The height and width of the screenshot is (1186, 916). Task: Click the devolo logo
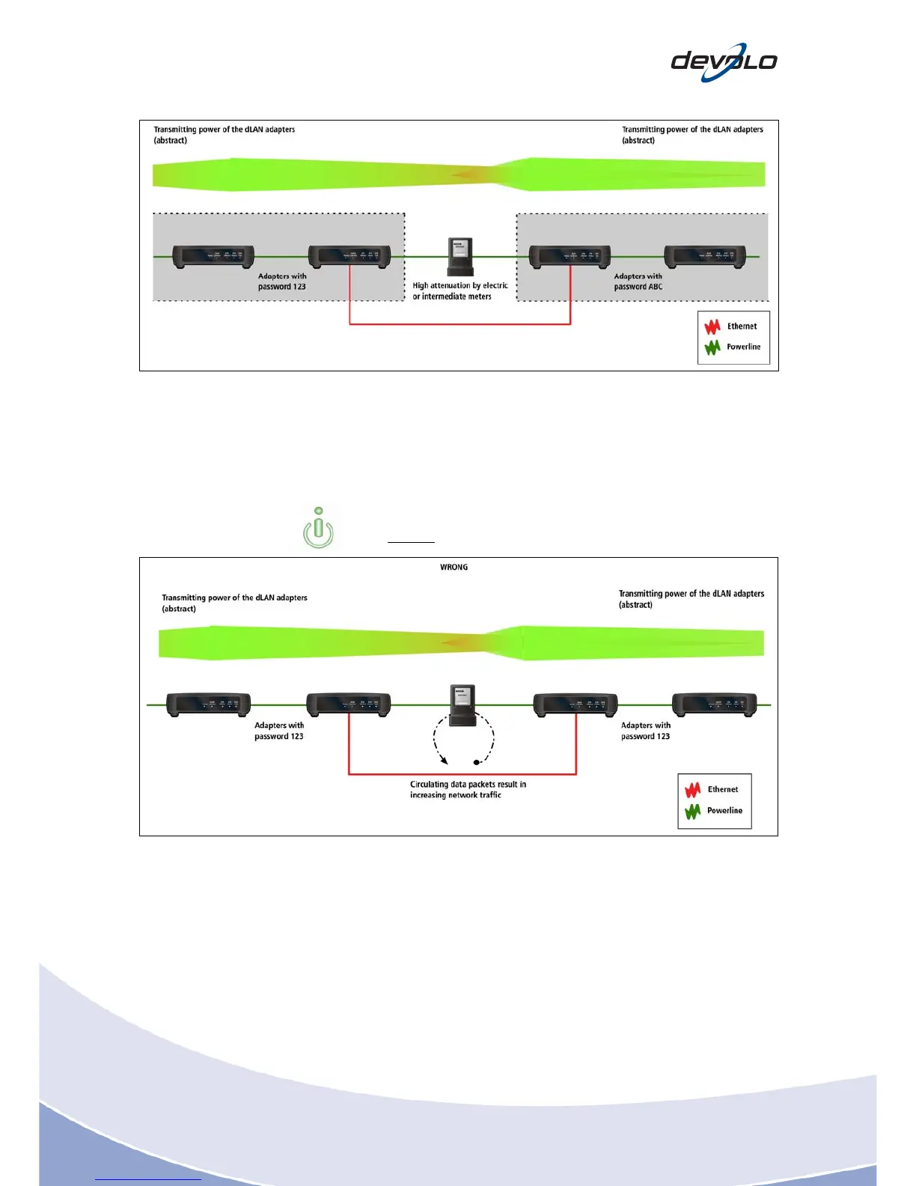point(724,62)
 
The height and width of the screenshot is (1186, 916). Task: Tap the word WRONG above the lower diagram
point(454,568)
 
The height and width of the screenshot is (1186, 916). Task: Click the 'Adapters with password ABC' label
point(638,282)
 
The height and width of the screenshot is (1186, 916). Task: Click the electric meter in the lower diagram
point(462,705)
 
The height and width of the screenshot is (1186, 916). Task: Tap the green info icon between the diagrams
point(319,528)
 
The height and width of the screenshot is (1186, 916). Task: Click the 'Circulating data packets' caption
point(467,789)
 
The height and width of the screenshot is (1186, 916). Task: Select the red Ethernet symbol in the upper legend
point(712,326)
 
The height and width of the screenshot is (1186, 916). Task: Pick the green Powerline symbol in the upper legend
point(712,347)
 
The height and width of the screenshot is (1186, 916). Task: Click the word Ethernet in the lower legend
point(722,789)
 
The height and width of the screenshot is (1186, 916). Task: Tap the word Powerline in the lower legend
point(724,810)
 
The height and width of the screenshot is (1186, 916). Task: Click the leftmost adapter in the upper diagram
point(213,256)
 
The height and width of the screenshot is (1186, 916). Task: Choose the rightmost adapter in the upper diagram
point(706,256)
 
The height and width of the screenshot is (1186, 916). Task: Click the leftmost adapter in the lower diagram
point(208,705)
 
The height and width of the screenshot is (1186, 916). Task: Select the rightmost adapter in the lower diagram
point(714,705)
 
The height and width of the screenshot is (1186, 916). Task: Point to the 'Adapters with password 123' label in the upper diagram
point(281,282)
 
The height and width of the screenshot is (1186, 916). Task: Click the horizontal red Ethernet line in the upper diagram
point(459,324)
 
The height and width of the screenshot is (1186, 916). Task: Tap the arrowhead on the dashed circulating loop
point(444,761)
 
